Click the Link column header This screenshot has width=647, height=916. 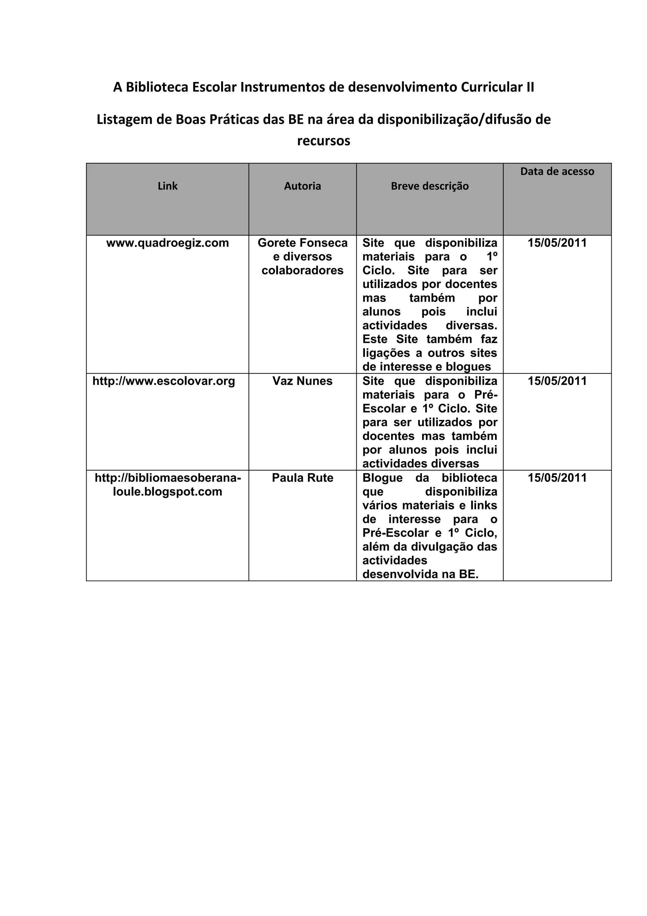pos(167,186)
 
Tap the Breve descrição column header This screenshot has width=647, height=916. pos(429,186)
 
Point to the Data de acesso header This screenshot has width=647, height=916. pos(557,172)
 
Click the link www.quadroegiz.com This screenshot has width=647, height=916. pos(167,243)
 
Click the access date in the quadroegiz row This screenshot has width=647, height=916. pos(557,243)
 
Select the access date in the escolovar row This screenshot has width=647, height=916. pos(557,381)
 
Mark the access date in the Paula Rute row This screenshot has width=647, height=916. pos(557,478)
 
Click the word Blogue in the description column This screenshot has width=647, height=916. pos(382,478)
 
